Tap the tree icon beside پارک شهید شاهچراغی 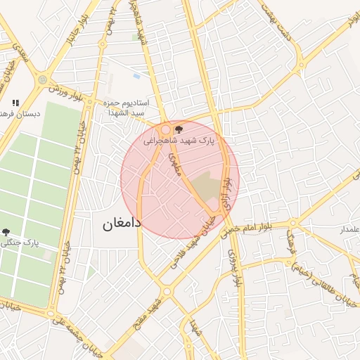click(179, 129)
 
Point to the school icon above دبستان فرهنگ click(15, 103)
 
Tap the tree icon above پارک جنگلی click(6, 231)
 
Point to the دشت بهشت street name click(275, 22)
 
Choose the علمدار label click(349, 230)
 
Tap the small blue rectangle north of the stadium click(136, 76)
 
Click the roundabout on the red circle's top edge click(166, 129)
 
